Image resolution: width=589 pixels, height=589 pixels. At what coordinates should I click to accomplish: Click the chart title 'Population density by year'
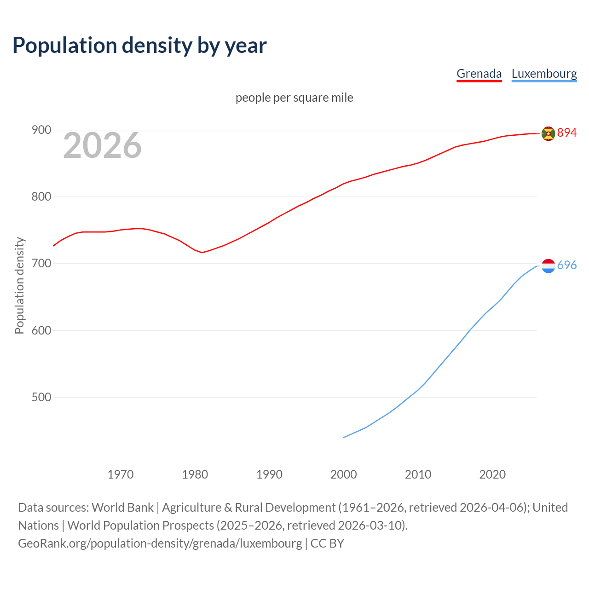click(139, 46)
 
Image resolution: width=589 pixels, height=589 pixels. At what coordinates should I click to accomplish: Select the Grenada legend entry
click(479, 74)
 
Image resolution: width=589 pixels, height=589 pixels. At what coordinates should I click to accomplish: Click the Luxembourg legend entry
click(544, 74)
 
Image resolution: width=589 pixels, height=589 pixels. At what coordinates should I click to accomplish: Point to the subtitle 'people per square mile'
click(294, 98)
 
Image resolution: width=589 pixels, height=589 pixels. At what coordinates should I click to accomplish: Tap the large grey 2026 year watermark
click(102, 145)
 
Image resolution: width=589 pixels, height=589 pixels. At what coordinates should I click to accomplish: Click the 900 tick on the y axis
click(41, 130)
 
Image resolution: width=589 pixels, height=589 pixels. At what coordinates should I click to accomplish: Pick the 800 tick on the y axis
click(41, 197)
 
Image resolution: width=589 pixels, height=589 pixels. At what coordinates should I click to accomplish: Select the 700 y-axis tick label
click(41, 264)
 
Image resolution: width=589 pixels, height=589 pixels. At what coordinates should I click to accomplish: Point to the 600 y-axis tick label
click(41, 330)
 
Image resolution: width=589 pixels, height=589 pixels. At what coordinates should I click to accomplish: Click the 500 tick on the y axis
click(41, 397)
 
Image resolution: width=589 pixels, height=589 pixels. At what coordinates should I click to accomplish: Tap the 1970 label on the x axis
click(121, 474)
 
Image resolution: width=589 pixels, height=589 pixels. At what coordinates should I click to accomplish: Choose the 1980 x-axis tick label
click(195, 474)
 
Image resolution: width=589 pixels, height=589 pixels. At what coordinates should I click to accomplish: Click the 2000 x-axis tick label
click(344, 474)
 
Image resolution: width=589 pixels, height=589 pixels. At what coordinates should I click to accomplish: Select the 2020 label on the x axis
click(492, 474)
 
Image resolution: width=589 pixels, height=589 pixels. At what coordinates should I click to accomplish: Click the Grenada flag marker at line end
click(548, 133)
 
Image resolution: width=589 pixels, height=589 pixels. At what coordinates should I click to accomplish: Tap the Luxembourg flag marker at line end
click(548, 266)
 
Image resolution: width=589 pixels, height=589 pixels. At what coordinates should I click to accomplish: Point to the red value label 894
click(567, 133)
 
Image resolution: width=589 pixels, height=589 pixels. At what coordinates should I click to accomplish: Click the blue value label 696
click(567, 266)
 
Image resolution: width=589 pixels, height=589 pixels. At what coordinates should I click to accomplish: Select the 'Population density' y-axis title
click(19, 285)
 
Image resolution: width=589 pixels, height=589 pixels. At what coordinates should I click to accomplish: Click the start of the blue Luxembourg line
click(344, 437)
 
